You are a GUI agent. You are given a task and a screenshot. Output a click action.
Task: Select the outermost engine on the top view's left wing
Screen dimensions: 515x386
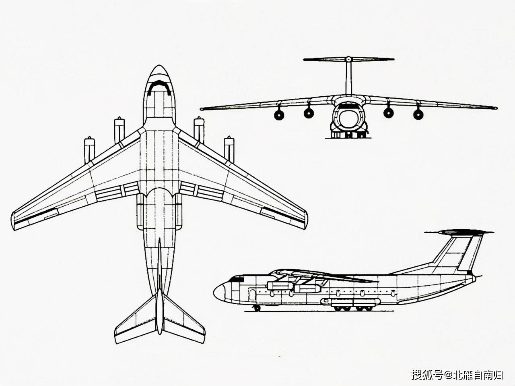click(89, 150)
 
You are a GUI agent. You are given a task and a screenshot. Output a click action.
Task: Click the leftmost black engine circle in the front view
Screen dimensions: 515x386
click(279, 115)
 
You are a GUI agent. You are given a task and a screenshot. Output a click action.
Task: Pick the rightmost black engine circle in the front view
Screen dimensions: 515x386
click(418, 114)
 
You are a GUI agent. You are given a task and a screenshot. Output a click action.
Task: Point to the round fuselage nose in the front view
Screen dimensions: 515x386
click(349, 117)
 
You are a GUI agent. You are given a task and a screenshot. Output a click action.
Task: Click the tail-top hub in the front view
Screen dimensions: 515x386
click(349, 59)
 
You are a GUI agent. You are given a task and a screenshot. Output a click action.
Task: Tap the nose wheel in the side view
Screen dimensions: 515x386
click(257, 308)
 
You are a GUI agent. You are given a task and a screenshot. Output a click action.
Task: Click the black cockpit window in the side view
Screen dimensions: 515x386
click(237, 279)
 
